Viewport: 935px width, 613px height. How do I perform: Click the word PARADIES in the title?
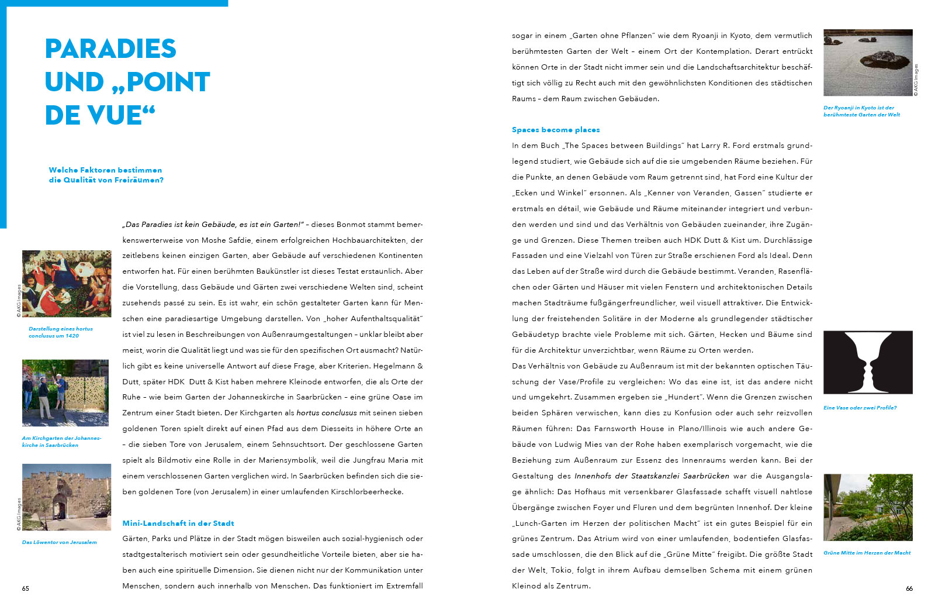(x=110, y=49)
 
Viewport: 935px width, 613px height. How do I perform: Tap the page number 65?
(x=26, y=588)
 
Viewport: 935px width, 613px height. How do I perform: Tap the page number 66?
(x=909, y=588)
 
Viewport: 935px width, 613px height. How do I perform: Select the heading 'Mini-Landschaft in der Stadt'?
(x=178, y=524)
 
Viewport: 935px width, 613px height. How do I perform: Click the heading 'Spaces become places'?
(x=556, y=130)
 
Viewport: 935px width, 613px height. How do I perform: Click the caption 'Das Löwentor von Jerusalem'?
(x=60, y=542)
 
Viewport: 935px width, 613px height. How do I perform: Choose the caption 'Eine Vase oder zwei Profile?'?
(x=860, y=408)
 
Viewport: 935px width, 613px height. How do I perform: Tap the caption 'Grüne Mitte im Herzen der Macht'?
(x=867, y=553)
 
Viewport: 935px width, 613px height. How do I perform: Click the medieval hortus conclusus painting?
(x=67, y=284)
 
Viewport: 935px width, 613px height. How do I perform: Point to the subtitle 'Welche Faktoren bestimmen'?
(x=105, y=170)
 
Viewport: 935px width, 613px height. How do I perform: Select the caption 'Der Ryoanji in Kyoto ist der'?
(x=858, y=108)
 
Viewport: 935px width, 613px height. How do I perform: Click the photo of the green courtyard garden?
(x=868, y=507)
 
